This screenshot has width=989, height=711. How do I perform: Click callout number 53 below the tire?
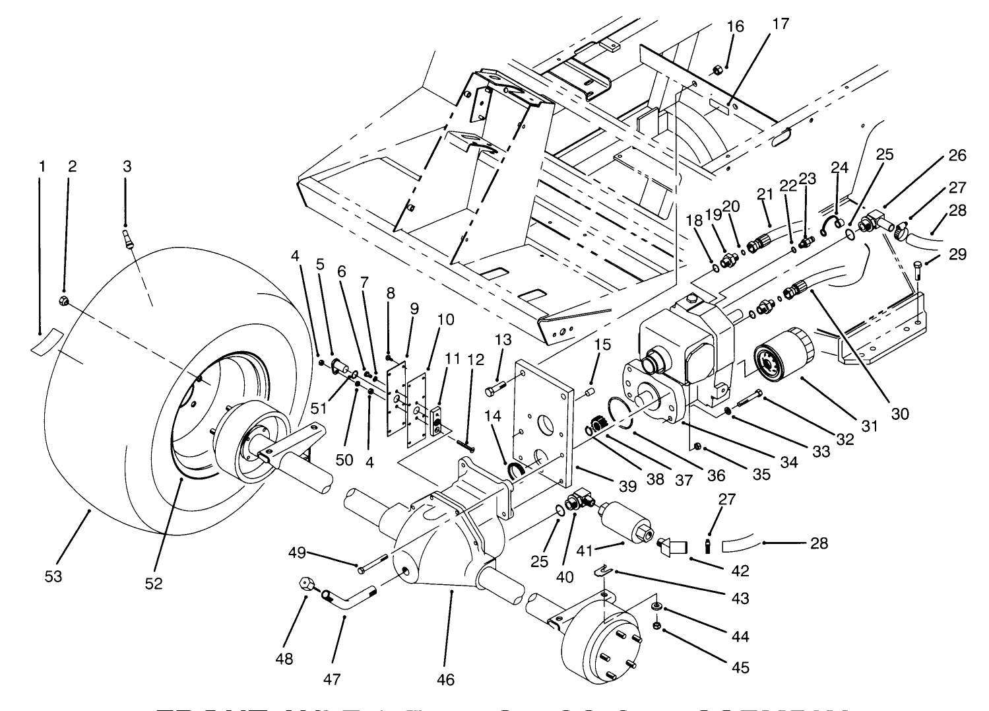53,576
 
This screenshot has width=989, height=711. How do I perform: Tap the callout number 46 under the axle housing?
446,679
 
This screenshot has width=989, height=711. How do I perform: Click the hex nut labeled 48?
305,584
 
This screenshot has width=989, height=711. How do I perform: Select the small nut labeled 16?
716,69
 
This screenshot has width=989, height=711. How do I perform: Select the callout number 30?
900,414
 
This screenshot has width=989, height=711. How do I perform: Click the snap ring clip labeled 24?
833,226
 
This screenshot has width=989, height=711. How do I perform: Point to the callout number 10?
445,320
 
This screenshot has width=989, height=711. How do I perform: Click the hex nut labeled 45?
657,625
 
